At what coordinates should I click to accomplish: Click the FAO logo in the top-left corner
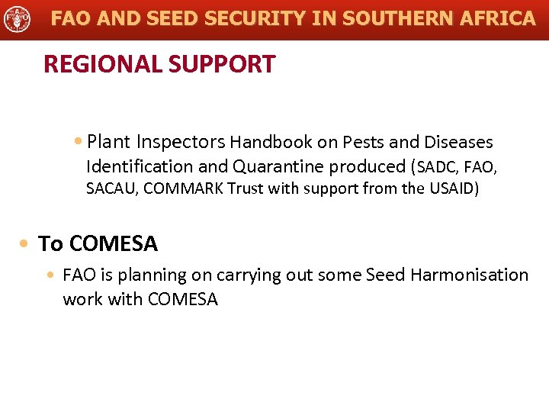(x=17, y=18)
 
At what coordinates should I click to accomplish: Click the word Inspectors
(x=181, y=142)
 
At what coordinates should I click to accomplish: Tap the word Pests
(x=364, y=142)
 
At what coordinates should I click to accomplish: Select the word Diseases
(x=459, y=142)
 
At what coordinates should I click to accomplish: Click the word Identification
(x=140, y=166)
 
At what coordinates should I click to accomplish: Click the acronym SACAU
(x=111, y=188)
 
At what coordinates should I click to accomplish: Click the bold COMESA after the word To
(x=114, y=244)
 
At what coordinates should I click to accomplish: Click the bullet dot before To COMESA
(x=26, y=244)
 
